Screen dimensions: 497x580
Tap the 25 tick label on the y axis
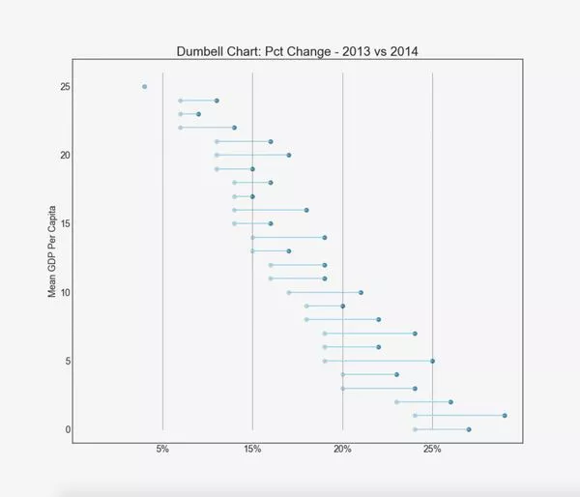[x=64, y=87]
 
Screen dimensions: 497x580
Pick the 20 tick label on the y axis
[x=64, y=156]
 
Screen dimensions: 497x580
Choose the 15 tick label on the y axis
[x=64, y=223]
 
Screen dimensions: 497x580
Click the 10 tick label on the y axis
[x=64, y=292]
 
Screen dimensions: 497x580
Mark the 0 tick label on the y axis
[x=67, y=429]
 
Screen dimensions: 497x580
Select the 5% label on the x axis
[x=162, y=450]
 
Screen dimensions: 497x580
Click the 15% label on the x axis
[x=252, y=450]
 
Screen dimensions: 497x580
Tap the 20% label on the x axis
[x=342, y=450]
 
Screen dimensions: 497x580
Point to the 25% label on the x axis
[x=432, y=450]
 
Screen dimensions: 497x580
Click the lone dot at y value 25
[x=144, y=87]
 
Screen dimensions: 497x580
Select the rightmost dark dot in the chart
[x=505, y=416]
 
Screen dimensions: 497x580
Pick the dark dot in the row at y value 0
[x=469, y=429]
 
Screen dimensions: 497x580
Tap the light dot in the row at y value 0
[x=415, y=429]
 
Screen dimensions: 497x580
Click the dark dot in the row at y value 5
[x=432, y=361]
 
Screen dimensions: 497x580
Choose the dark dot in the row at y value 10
[x=361, y=292]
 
